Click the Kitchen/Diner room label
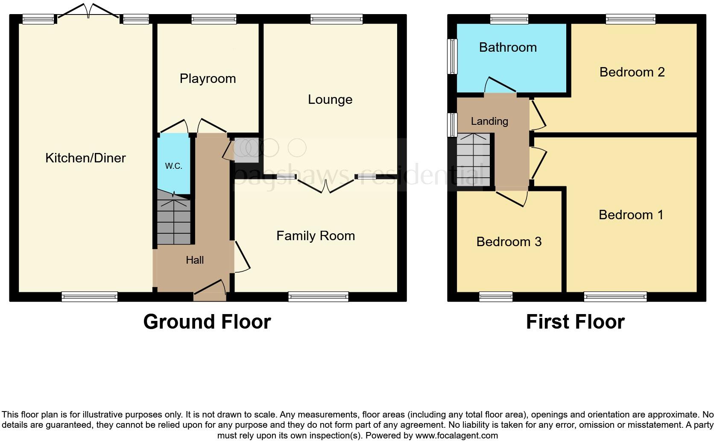click(x=85, y=158)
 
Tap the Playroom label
click(x=208, y=79)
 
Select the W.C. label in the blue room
click(x=173, y=166)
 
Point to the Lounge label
click(x=330, y=100)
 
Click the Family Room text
click(x=316, y=236)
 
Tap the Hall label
click(x=195, y=260)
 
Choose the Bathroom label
click(x=508, y=47)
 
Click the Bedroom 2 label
click(x=632, y=72)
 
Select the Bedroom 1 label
click(x=631, y=215)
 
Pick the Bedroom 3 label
click(x=509, y=242)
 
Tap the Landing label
click(x=489, y=121)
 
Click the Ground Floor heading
click(x=207, y=322)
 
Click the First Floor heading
click(x=575, y=322)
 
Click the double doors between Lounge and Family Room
click(x=325, y=185)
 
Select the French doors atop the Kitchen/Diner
click(x=88, y=11)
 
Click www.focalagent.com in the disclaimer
click(x=456, y=435)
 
